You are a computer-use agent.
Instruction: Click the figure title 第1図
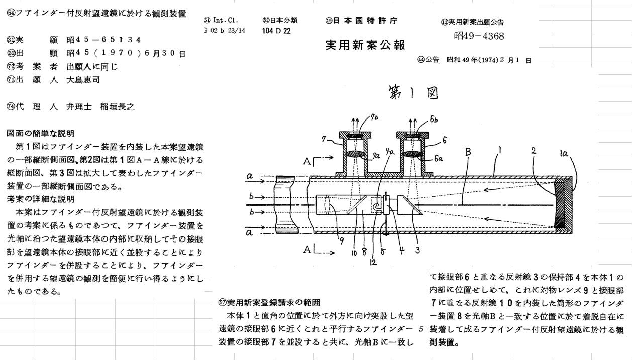[410, 92]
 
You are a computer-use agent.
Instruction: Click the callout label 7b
[375, 119]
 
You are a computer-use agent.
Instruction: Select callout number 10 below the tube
[354, 253]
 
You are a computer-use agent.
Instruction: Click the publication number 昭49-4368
[479, 36]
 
